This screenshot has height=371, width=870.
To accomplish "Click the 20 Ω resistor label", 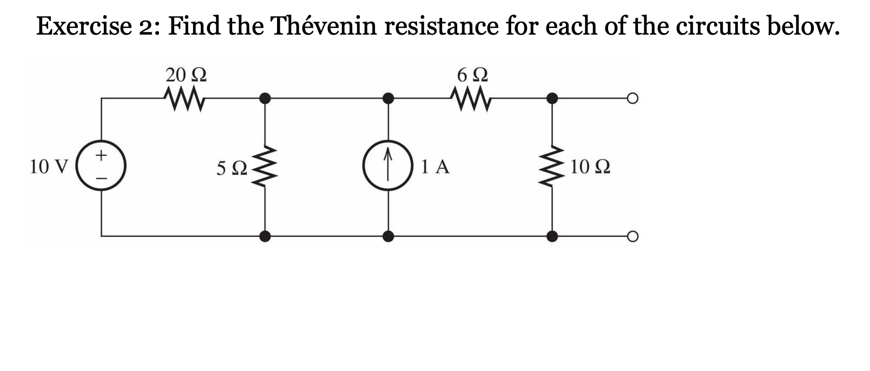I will tap(185, 75).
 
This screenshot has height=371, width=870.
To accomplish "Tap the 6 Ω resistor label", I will tap(472, 75).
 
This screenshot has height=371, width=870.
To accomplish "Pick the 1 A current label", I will tap(436, 167).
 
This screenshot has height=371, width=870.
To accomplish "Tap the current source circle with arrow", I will tap(388, 167).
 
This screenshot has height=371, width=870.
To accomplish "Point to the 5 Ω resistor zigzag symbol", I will tap(265, 167).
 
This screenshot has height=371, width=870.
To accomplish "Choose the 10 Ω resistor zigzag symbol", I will tap(552, 167).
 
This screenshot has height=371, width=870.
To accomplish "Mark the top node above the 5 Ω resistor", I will tap(265, 98).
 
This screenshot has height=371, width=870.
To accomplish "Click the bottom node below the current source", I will tap(388, 236).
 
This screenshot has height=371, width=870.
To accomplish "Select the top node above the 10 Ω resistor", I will tap(552, 98).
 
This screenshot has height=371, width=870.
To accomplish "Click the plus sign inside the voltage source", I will tap(101, 156).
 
